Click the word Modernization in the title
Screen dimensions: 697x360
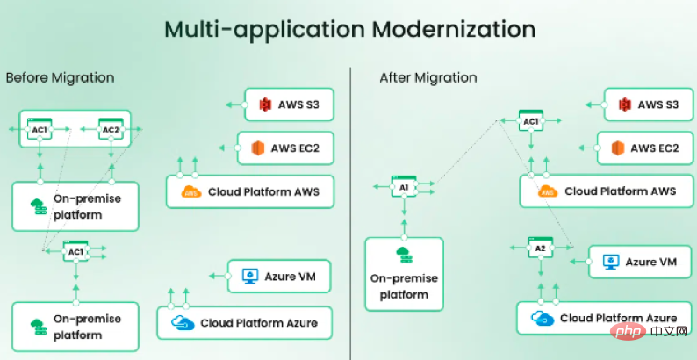[x=454, y=29]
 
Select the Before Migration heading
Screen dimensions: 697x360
[x=60, y=78]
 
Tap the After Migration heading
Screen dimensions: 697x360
[x=428, y=78]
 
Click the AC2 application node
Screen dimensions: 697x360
[x=111, y=129]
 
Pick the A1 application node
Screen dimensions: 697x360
[x=404, y=187]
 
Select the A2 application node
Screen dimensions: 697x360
[x=541, y=248]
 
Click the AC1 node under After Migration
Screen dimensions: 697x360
[x=531, y=121]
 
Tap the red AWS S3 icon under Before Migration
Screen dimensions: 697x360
[x=265, y=104]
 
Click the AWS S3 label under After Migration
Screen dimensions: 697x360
[x=657, y=104]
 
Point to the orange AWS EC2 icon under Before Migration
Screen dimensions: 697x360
[x=258, y=148]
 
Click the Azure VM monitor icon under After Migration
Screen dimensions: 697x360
[x=611, y=262]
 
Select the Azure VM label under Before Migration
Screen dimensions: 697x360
[x=291, y=277]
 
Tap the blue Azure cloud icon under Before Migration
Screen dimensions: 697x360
[x=183, y=322]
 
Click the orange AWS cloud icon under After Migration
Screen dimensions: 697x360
[x=548, y=192]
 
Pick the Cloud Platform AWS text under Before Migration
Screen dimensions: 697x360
[x=263, y=192]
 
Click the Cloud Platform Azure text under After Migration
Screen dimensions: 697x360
[x=618, y=318]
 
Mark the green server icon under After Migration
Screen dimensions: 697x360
[x=405, y=256]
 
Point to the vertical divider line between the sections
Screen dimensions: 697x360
[x=350, y=213]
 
